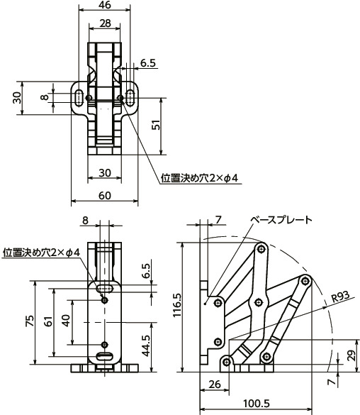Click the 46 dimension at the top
[x=105, y=6]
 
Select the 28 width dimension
[x=105, y=23]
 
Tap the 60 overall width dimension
[x=105, y=195]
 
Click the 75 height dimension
[x=29, y=321]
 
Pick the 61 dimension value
[x=47, y=321]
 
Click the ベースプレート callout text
[x=283, y=219]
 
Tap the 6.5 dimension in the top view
[x=147, y=63]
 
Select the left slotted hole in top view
[x=77, y=97]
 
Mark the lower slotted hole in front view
[x=105, y=356]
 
